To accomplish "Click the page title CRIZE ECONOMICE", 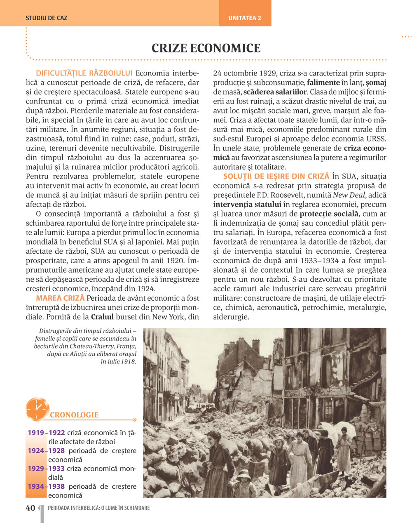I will click(206, 48).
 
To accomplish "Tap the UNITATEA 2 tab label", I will click(245, 18).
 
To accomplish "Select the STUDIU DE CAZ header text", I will click(46, 18).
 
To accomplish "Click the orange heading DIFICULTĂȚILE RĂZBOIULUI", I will click(84, 73).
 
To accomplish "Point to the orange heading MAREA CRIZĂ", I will click(60, 298).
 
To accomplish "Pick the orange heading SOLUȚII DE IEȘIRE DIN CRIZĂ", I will click(276, 176).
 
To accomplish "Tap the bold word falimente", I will click(323, 82).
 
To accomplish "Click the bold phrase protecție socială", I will click(329, 214).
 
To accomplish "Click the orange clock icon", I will click(37, 409).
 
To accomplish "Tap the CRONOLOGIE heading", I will click(74, 415).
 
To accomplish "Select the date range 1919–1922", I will click(46, 433).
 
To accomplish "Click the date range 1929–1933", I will click(46, 469).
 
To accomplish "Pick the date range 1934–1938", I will click(46, 486).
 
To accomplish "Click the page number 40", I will click(30, 508).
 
